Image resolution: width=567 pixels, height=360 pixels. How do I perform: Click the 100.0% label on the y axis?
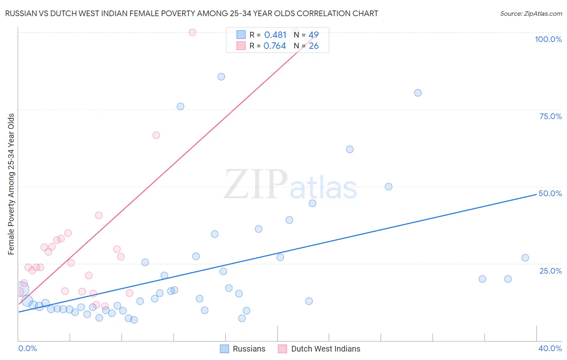[x=548, y=39]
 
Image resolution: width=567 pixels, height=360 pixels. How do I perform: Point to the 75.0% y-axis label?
[x=550, y=116]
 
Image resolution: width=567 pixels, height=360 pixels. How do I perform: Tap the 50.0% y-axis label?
[x=550, y=193]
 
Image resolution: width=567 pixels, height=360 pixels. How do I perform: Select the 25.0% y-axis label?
[x=550, y=270]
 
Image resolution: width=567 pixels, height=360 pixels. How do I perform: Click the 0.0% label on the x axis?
[x=27, y=348]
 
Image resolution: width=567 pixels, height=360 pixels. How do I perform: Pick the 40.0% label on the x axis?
[x=550, y=348]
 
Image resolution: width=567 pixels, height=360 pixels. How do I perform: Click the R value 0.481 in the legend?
[x=275, y=35]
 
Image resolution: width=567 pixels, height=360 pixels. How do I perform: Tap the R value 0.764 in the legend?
[x=275, y=46]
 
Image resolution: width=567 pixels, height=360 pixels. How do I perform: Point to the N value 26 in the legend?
[x=314, y=46]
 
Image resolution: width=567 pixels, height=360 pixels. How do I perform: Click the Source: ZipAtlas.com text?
[x=531, y=14]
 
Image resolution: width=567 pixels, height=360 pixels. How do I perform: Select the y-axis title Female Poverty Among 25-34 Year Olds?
[x=11, y=184]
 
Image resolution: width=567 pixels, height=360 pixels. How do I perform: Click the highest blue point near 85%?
[x=221, y=77]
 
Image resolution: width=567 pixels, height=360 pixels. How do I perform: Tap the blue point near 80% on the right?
[x=418, y=93]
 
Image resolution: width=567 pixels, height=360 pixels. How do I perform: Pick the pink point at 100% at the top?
[x=192, y=32]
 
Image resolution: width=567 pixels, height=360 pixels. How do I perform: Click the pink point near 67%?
[x=156, y=135]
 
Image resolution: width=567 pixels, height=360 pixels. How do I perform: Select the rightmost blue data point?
[x=525, y=258]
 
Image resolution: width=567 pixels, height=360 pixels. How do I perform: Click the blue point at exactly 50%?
[x=388, y=186]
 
